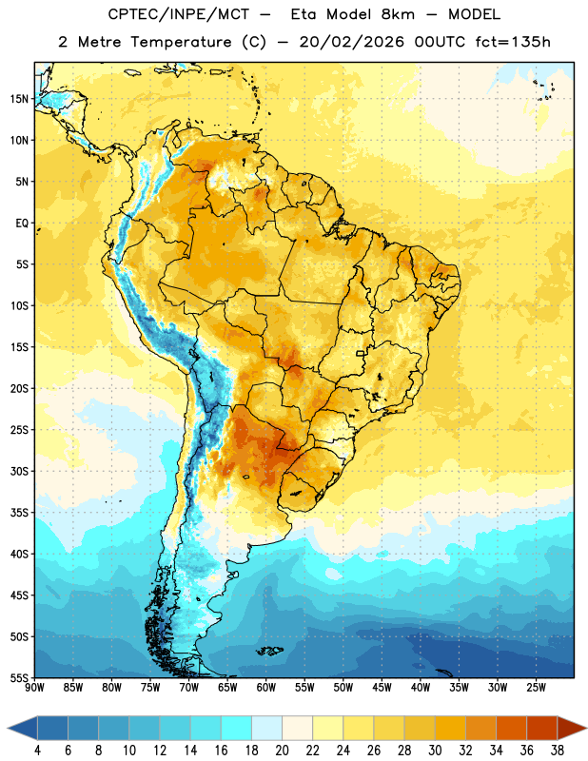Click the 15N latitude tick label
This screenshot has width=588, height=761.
coord(19,99)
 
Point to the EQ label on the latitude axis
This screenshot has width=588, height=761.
coord(22,224)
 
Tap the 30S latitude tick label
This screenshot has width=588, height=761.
coord(19,471)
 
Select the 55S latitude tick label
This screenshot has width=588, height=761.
coord(19,678)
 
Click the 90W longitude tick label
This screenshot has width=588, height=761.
coord(34,688)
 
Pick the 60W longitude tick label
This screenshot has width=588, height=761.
coord(266,688)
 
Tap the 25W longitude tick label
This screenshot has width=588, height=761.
coord(536,688)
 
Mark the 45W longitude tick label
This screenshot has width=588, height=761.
coord(382,688)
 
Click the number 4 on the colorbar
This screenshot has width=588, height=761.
coord(37,751)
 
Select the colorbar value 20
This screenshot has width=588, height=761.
coord(282,751)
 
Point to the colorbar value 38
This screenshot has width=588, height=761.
coord(558,751)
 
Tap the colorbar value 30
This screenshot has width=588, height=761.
coord(435,751)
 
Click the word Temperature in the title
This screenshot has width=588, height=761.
coord(181,42)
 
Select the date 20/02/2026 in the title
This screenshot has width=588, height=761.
coord(351,42)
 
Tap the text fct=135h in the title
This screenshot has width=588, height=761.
coord(513,42)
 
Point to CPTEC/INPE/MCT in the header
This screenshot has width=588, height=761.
coord(178,14)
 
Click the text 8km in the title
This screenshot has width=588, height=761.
coord(398,14)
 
